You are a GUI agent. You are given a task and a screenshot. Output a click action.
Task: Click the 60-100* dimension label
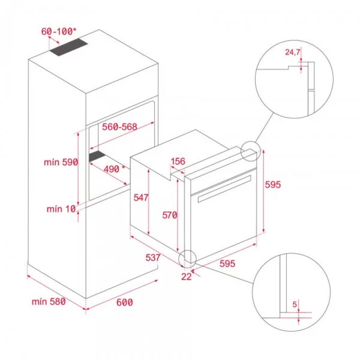(59, 30)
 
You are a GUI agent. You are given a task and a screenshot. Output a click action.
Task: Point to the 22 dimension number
(187, 276)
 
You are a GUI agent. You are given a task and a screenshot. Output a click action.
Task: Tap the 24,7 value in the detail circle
(292, 53)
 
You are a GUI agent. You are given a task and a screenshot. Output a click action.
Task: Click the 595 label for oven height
(272, 184)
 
